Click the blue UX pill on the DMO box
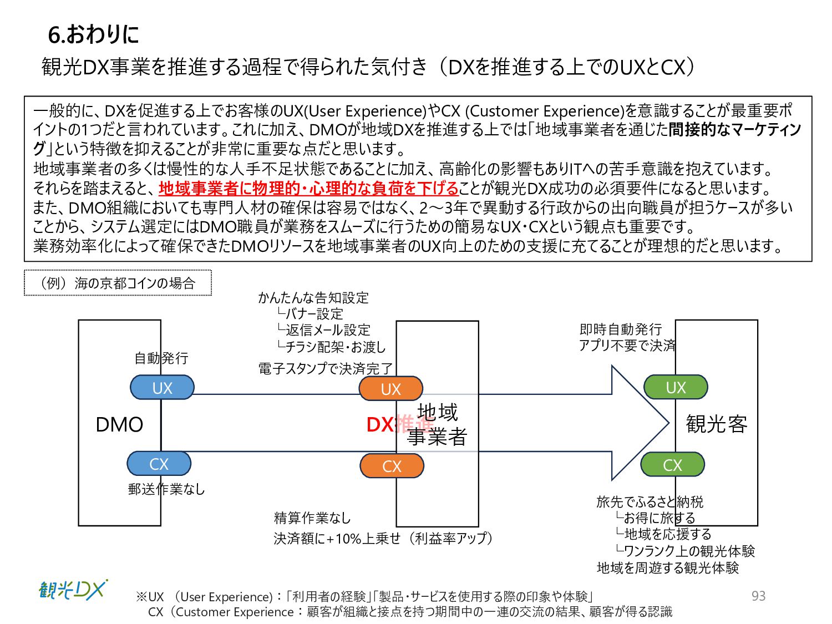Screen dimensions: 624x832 pyautogui.click(x=162, y=387)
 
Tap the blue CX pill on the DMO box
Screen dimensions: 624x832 pyautogui.click(x=159, y=463)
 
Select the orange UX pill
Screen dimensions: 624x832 pyautogui.click(x=391, y=388)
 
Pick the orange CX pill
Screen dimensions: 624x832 pyautogui.click(x=392, y=465)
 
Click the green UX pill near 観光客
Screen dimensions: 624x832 pyautogui.click(x=676, y=387)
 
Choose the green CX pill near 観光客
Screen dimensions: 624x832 pyautogui.click(x=672, y=464)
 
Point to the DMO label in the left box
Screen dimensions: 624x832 pyautogui.click(x=119, y=424)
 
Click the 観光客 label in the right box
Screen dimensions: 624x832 pyautogui.click(x=717, y=424)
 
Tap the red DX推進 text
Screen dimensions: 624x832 pyautogui.click(x=399, y=424)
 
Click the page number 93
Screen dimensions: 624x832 pyautogui.click(x=758, y=596)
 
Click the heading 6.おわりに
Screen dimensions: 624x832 pyautogui.click(x=93, y=34)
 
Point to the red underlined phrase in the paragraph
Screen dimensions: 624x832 pyautogui.click(x=308, y=189)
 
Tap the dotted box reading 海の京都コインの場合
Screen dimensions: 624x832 pyautogui.click(x=118, y=283)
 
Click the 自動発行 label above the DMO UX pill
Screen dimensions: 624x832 pyautogui.click(x=161, y=358)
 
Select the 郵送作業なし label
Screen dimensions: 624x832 pyautogui.click(x=166, y=489)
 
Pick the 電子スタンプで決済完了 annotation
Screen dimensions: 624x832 pyautogui.click(x=325, y=368)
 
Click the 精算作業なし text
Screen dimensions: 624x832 pyautogui.click(x=312, y=518)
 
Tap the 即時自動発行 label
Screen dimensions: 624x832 pyautogui.click(x=621, y=329)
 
